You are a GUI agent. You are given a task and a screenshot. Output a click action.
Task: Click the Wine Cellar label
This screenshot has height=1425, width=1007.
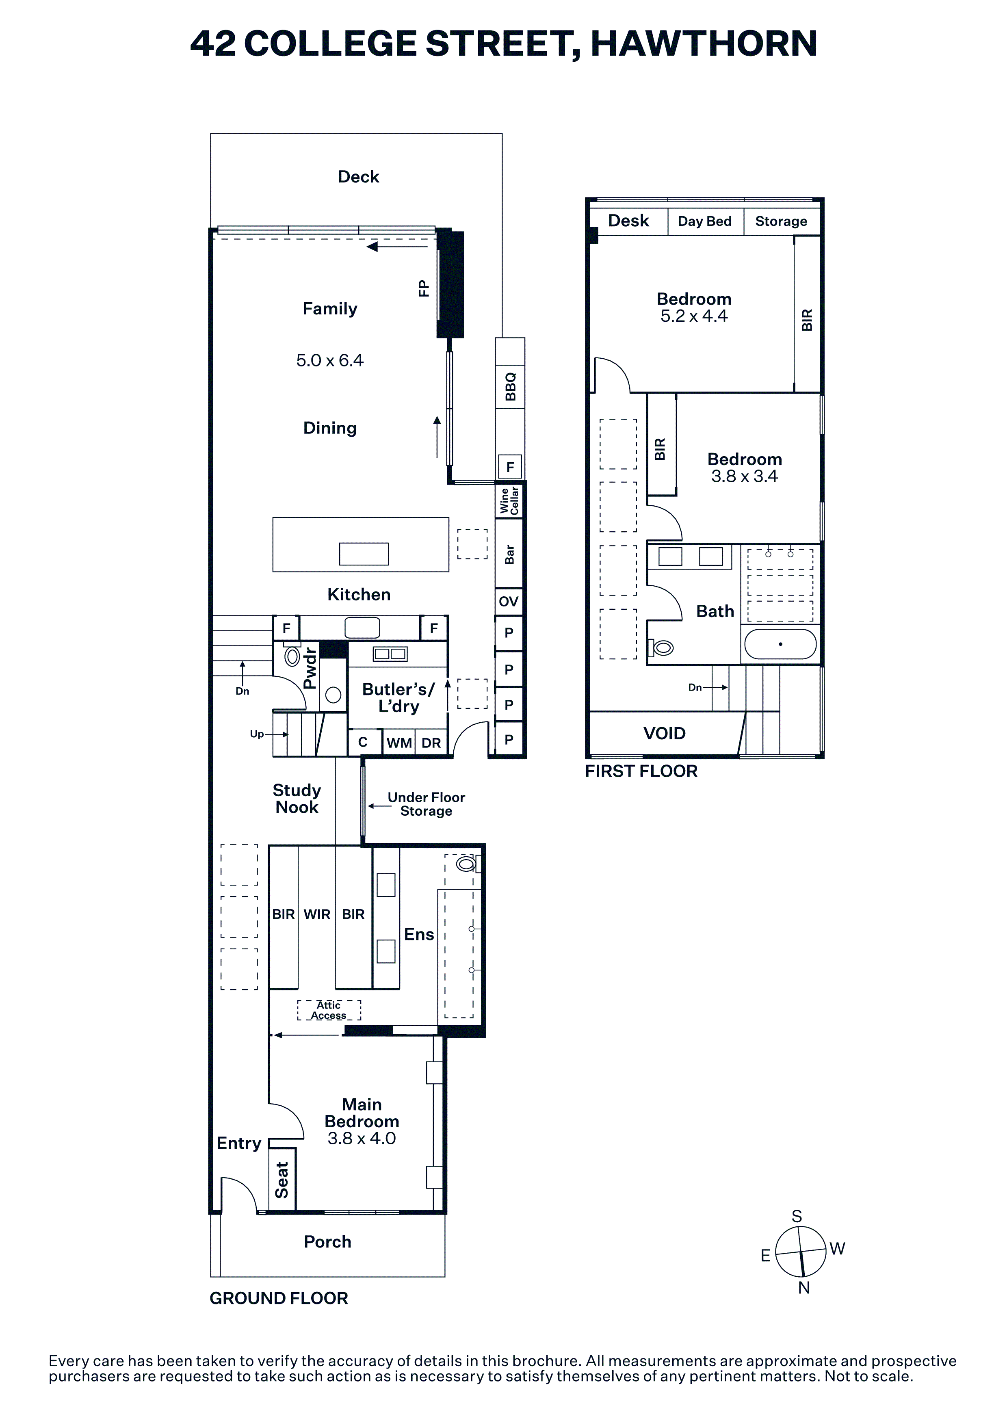(x=509, y=500)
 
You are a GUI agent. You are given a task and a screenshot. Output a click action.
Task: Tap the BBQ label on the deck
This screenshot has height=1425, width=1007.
(x=511, y=387)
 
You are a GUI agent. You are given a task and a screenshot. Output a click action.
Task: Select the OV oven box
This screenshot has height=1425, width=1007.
(x=509, y=602)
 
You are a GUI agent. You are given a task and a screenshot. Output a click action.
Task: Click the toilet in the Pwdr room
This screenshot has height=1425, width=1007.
(x=292, y=655)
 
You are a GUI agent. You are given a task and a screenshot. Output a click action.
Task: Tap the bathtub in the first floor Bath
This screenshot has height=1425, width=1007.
(x=780, y=644)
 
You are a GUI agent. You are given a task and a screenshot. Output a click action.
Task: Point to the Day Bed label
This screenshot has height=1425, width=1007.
(x=705, y=221)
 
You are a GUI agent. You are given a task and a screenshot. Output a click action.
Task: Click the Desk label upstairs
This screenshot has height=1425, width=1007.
(x=628, y=221)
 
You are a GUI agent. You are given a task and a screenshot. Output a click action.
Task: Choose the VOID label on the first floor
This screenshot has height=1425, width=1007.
(x=665, y=734)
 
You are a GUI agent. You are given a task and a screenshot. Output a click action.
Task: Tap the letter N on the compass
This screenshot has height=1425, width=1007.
(x=804, y=1288)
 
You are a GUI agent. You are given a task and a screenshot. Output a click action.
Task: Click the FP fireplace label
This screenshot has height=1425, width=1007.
(x=424, y=288)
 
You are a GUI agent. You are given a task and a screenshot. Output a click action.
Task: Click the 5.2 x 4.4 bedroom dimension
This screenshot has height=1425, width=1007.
(x=694, y=316)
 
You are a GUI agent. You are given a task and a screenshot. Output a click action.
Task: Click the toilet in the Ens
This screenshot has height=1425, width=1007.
(x=467, y=863)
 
